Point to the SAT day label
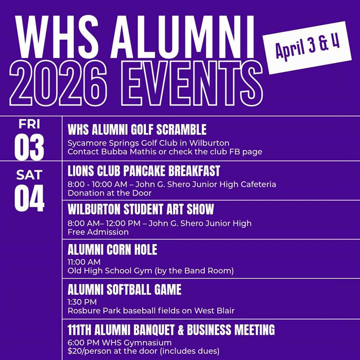29,175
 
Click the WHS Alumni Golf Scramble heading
137,130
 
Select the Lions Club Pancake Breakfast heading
144,171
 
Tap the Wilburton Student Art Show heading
140,210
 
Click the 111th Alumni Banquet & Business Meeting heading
171,330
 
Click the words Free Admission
98,232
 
